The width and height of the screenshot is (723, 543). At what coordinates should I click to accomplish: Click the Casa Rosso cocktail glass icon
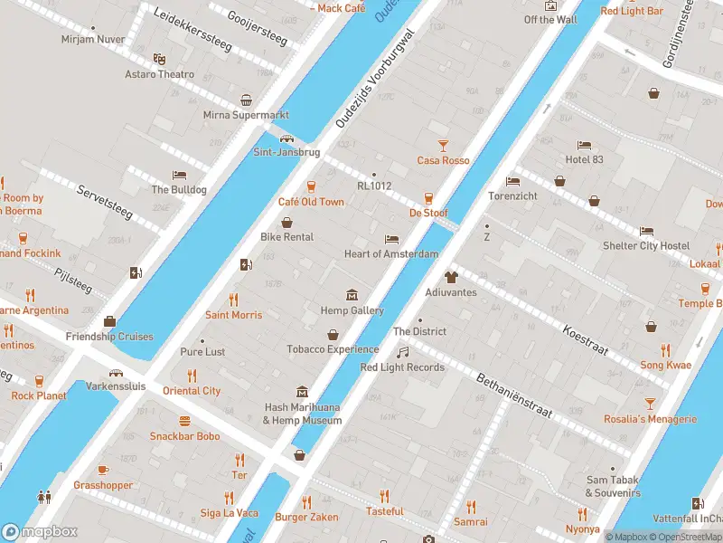tap(443, 145)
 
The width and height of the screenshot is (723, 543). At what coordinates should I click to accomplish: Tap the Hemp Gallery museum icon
tap(352, 295)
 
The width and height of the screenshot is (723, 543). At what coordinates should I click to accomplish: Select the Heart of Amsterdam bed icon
tap(391, 239)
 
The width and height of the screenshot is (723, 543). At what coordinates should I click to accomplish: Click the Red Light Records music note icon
tap(403, 352)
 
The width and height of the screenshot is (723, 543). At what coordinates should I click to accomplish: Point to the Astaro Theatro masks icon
tap(159, 59)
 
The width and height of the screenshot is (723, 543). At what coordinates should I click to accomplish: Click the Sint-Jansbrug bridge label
tap(286, 152)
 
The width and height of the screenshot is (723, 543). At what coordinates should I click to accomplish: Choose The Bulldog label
tap(179, 190)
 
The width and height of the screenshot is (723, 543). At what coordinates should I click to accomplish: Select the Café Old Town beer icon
tap(311, 186)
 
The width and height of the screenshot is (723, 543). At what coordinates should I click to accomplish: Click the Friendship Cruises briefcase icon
tap(109, 321)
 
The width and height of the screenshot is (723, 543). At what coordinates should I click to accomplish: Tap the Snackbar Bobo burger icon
tap(185, 421)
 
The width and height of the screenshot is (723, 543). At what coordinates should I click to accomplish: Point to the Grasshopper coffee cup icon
tap(103, 470)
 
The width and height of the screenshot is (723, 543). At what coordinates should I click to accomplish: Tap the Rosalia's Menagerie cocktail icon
tap(649, 404)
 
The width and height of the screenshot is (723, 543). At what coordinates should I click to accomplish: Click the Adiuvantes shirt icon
tap(451, 277)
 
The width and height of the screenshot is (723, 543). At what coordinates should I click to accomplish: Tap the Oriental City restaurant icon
tap(192, 376)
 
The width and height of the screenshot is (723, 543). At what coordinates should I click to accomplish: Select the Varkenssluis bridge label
tap(117, 386)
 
